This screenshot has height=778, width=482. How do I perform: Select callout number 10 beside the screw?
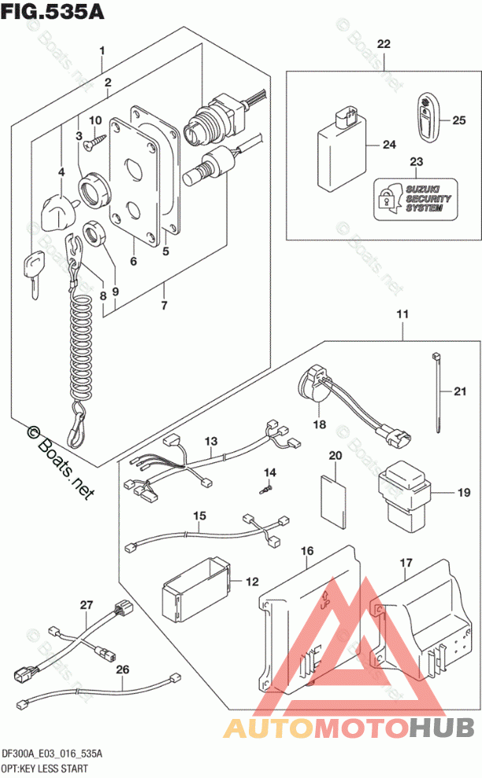click(97, 120)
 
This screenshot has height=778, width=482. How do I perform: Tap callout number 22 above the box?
click(383, 44)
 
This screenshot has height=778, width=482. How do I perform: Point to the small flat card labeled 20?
click(334, 504)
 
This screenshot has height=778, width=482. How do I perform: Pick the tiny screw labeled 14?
click(266, 488)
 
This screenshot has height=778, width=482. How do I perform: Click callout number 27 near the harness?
click(86, 606)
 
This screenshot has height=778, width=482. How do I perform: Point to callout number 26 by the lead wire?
click(122, 670)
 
